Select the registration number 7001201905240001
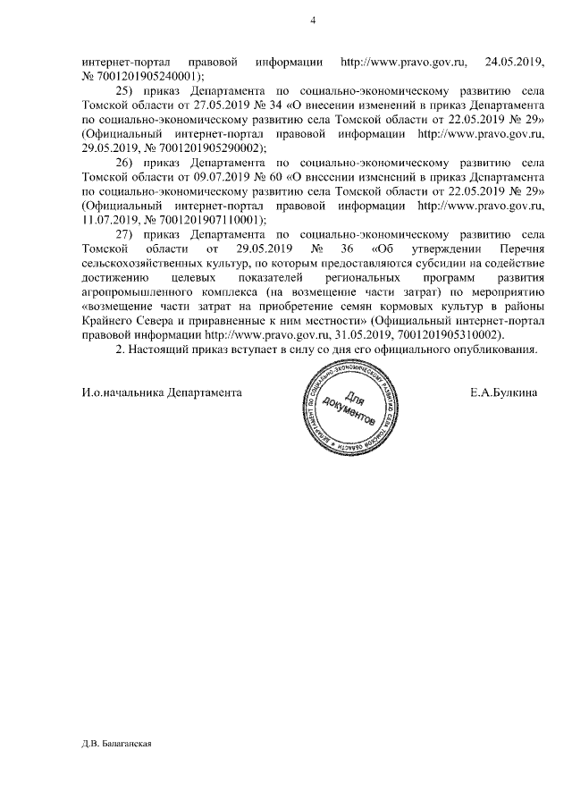click(x=146, y=77)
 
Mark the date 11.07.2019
click(x=105, y=220)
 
